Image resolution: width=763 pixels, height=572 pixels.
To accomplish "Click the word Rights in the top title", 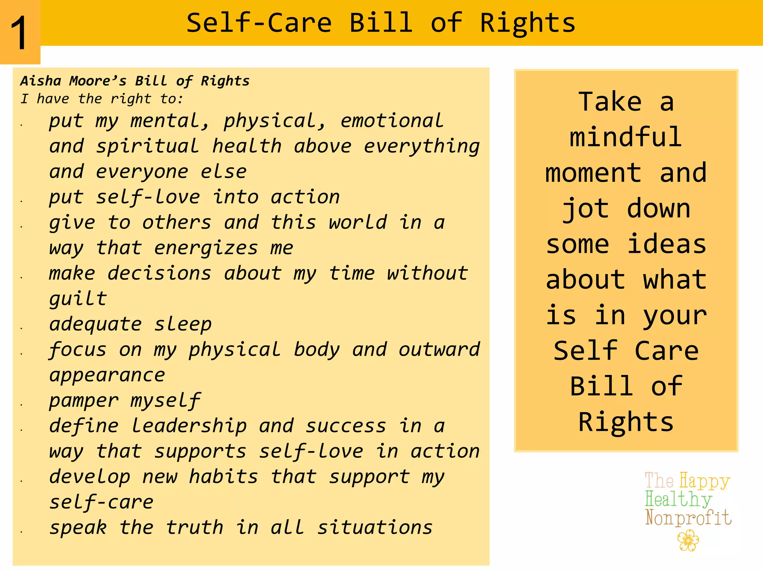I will tap(527, 23).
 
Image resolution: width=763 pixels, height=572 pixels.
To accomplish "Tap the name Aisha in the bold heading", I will tap(41, 81).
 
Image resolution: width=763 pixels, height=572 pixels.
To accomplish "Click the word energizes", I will tap(206, 248).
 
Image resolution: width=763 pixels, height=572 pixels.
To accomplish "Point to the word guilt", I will tap(78, 299).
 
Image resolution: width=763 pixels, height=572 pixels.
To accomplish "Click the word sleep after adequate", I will tap(183, 324).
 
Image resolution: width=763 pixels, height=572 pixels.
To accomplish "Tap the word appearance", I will tap(107, 375).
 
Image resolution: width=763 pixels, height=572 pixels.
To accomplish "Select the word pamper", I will tap(84, 401).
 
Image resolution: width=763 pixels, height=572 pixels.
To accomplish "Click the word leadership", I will tap(189, 426).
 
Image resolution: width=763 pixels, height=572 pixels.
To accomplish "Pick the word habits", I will tap(223, 477).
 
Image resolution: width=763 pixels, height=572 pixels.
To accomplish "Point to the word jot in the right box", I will tap(585, 209).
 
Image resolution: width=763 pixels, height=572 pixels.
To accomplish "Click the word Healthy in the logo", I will tap(678, 499).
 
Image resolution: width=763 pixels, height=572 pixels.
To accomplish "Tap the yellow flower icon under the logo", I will tap(688, 541).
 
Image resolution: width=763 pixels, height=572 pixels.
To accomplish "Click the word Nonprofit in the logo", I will tap(688, 518).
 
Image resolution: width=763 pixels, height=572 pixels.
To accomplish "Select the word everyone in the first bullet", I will tap(142, 171).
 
